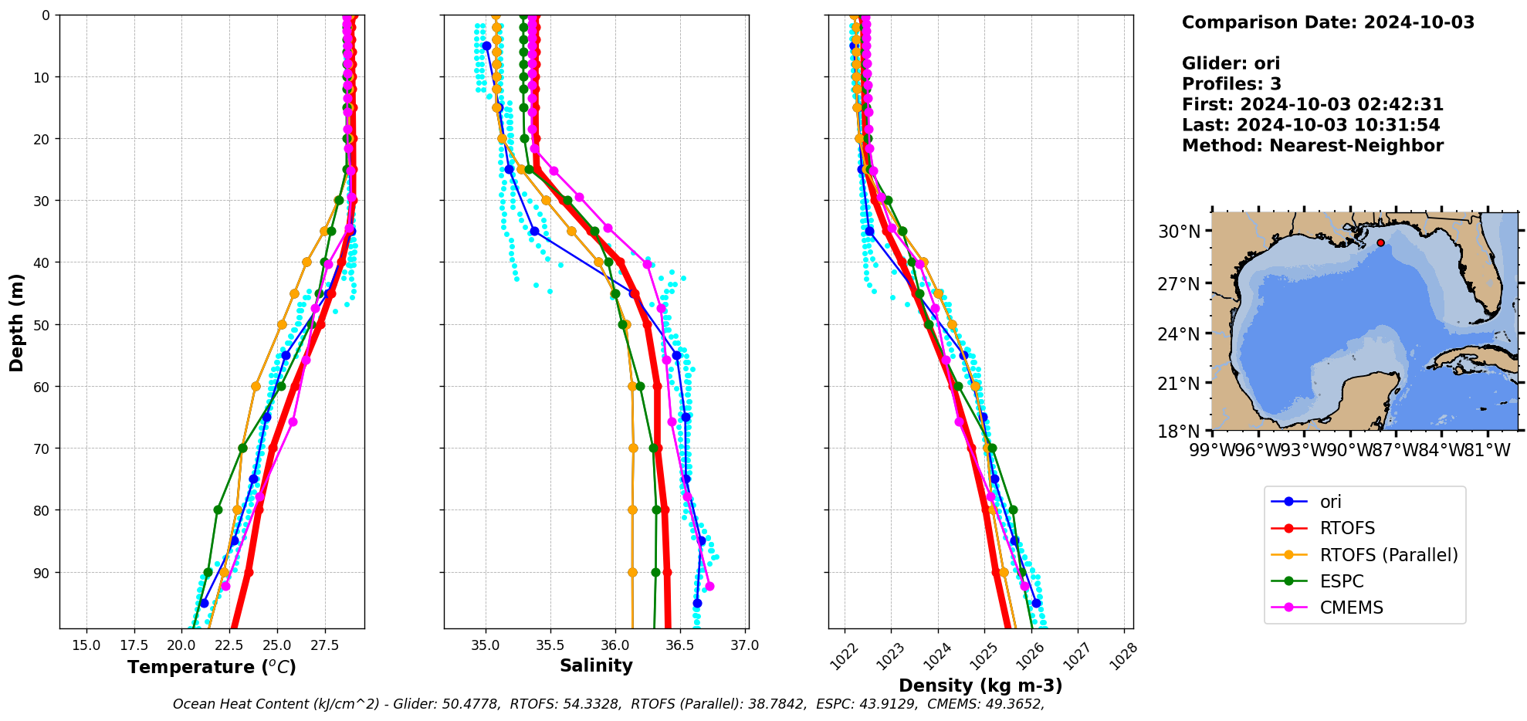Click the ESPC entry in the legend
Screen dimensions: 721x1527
[1341, 581]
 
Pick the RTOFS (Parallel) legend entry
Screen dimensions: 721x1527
[1388, 555]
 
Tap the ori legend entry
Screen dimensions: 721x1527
[1330, 502]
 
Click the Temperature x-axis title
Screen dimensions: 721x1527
[212, 667]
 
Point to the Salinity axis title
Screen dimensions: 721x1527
[596, 665]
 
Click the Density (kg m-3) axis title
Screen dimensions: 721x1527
[980, 685]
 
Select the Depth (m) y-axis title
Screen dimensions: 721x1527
[17, 322]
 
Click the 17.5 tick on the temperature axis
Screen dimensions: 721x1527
[134, 645]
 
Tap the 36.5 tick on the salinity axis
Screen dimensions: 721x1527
[679, 645]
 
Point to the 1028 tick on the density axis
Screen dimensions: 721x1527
[1123, 653]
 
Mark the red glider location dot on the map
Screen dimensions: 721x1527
[1380, 243]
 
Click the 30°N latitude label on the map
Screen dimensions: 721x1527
[1179, 232]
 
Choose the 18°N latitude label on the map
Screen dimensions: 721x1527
[1179, 431]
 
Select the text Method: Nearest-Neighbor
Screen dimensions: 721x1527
[1312, 145]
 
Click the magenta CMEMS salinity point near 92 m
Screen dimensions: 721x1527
[709, 587]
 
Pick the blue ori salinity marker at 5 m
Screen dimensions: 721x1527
[486, 46]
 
